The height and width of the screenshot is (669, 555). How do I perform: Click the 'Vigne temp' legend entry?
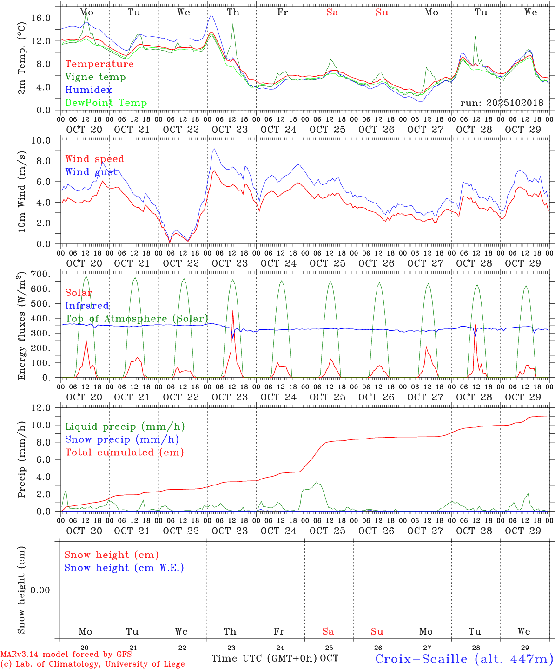(95, 77)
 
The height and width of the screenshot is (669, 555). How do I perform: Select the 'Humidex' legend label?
(88, 90)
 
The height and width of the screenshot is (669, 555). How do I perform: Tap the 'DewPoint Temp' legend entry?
(106, 103)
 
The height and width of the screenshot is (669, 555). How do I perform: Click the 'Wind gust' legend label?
(91, 172)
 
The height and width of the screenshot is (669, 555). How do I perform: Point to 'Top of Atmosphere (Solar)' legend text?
(137, 319)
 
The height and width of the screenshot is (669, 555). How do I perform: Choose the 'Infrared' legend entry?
(87, 306)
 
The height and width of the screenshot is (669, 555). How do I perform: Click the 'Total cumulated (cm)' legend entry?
(124, 453)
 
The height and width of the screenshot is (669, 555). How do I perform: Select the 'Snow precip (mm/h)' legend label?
(122, 439)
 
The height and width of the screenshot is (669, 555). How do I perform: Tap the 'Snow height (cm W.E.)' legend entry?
(124, 568)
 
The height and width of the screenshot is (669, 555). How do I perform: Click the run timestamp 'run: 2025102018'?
(502, 103)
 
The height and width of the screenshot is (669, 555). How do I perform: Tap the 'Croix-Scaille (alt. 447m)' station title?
(464, 659)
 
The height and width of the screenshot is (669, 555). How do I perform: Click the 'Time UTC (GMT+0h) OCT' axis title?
(275, 658)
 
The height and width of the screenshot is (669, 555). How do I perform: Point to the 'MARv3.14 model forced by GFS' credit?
(66, 655)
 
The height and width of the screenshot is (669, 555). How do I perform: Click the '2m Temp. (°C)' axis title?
(21, 59)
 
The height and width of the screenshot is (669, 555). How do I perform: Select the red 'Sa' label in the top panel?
(332, 12)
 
